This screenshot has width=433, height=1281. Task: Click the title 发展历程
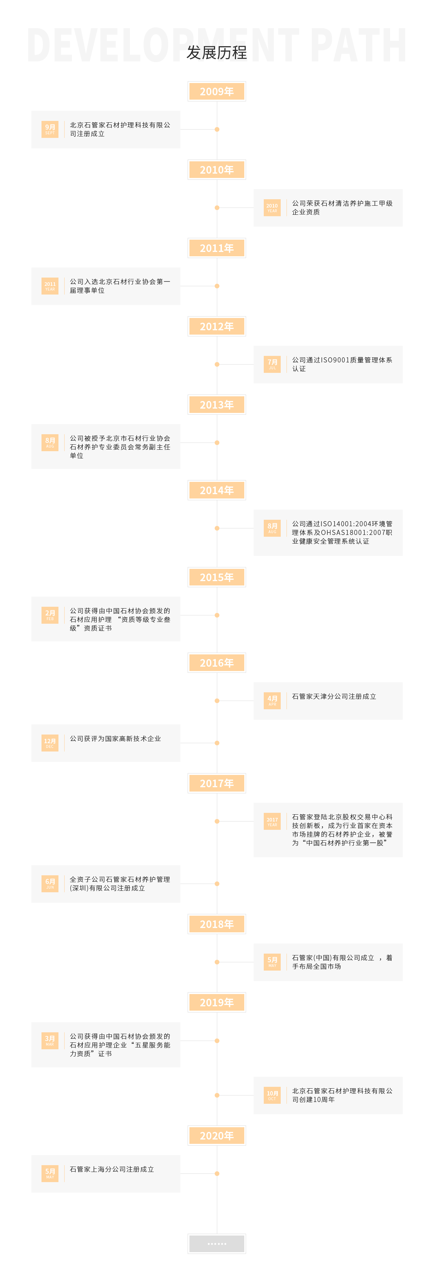point(217,52)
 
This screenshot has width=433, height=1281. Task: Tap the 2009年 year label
point(217,92)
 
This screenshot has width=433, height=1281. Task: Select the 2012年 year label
point(217,326)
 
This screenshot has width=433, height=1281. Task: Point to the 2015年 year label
point(217,578)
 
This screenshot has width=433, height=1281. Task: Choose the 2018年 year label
point(217,924)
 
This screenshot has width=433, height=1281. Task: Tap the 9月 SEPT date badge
point(50,129)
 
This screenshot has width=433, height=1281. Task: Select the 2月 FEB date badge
point(50,615)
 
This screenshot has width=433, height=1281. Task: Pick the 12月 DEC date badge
point(50,743)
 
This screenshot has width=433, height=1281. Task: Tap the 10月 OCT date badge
point(272,1095)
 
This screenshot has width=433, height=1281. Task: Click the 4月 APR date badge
point(272,701)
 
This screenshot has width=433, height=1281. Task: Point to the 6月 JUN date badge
point(50,884)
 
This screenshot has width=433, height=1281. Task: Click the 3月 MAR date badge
point(50,1040)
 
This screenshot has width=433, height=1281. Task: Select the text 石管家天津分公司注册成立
point(334,697)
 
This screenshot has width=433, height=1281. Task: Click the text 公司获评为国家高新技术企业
point(115,739)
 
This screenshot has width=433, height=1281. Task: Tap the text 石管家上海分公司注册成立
point(112,1169)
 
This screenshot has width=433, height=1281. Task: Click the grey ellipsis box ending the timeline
point(217,1244)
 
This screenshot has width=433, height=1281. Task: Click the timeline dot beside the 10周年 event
point(217,1095)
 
